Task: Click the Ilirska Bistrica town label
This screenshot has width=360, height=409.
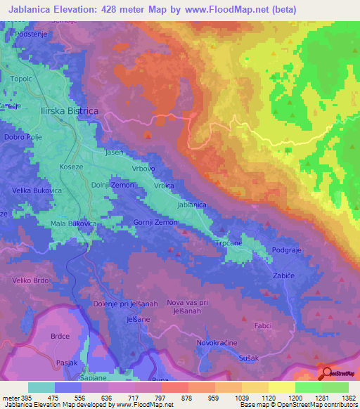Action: (x=69, y=112)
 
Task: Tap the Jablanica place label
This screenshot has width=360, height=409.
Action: (x=192, y=204)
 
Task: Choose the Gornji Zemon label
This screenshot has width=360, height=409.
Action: (x=155, y=222)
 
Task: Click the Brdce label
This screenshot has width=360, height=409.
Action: (x=60, y=337)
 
